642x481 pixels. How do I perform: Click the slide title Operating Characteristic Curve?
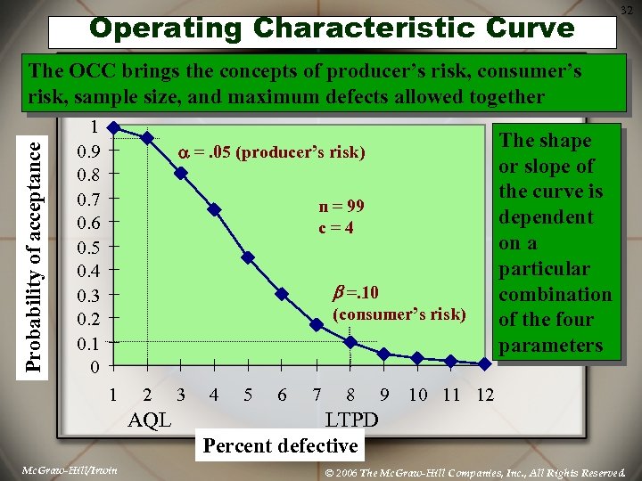tap(332, 28)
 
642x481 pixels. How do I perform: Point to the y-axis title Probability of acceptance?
tap(34, 247)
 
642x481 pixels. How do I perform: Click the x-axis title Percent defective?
tap(280, 445)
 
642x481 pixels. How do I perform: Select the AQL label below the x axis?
tap(150, 420)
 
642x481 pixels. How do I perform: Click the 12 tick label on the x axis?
tap(484, 395)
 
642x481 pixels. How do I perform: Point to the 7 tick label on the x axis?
tap(317, 395)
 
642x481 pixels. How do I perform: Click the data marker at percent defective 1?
tap(113, 127)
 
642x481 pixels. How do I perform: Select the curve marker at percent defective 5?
tap(248, 257)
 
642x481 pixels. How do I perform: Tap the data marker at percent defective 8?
tap(350, 342)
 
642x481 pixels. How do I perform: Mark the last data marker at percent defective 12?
tap(484, 363)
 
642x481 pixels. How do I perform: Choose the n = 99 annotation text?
tap(342, 207)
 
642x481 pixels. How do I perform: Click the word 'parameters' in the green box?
tap(550, 346)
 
